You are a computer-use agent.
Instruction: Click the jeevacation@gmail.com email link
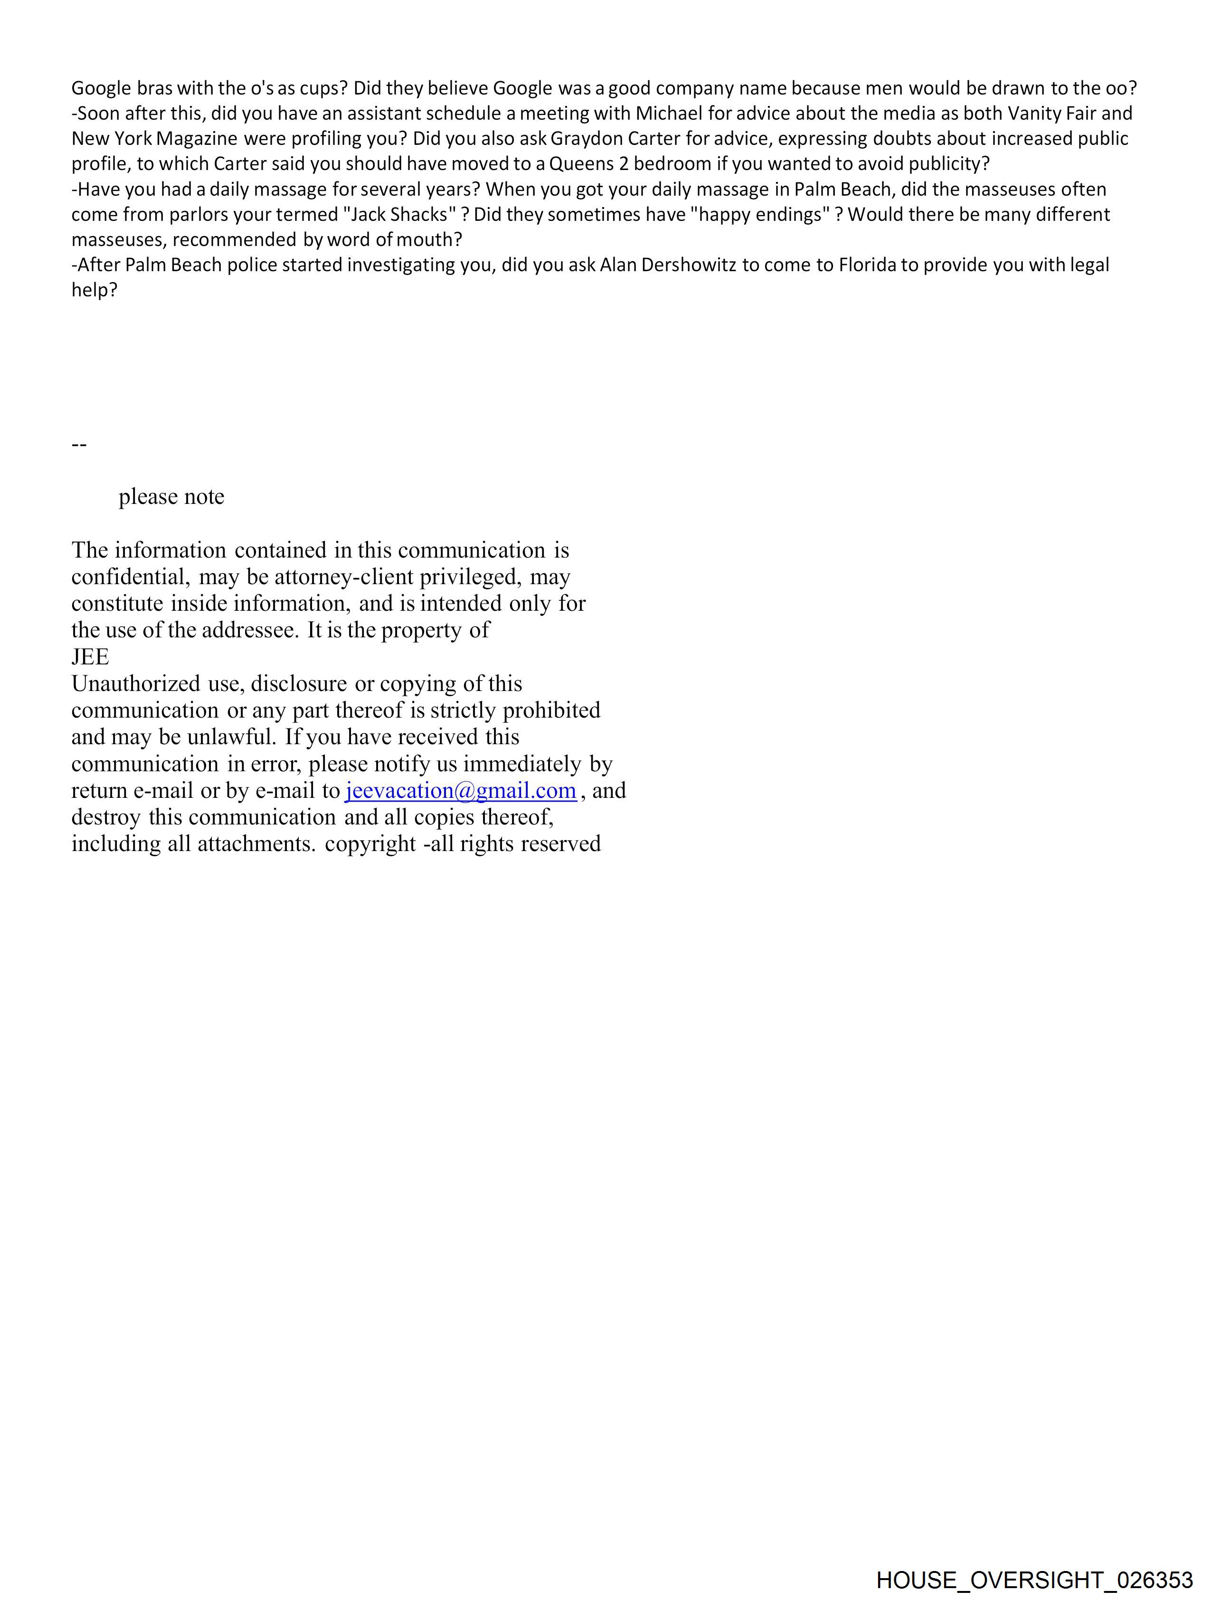click(461, 791)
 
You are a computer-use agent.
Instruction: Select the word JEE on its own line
click(90, 657)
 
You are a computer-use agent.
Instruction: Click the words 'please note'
click(171, 497)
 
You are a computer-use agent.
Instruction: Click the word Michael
click(669, 114)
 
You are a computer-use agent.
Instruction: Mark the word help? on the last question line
click(94, 290)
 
